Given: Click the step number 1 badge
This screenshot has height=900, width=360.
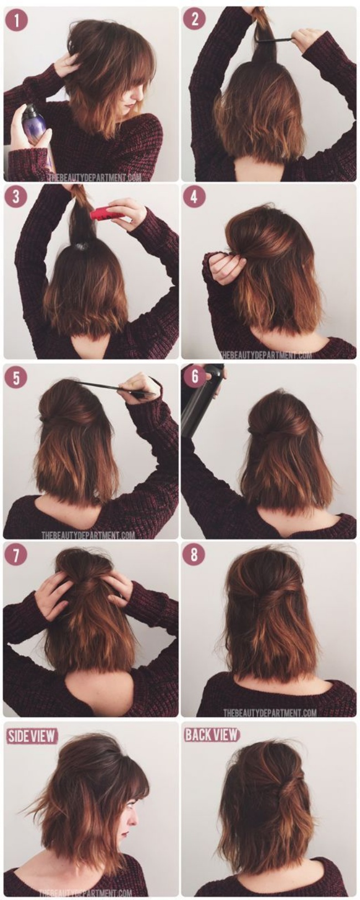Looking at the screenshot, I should click(x=17, y=20).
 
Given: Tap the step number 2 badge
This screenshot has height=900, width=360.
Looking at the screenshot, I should click(x=194, y=19).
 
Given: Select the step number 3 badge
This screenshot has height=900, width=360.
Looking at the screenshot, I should click(x=17, y=197).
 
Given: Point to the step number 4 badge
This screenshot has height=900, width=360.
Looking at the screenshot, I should click(x=194, y=197).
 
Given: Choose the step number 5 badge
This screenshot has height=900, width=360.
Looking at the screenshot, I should click(x=17, y=378).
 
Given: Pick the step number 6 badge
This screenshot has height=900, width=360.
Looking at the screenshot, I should click(x=195, y=377).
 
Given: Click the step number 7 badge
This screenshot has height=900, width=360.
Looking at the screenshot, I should click(x=16, y=555).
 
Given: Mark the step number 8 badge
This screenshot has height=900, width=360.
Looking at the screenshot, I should click(x=194, y=555).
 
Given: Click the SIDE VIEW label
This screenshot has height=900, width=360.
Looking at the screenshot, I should click(x=32, y=736).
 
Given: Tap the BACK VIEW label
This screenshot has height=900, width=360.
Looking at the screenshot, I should click(x=212, y=735).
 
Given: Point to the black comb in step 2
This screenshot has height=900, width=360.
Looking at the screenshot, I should click(x=274, y=39).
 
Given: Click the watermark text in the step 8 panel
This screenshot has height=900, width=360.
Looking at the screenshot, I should click(x=270, y=712).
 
